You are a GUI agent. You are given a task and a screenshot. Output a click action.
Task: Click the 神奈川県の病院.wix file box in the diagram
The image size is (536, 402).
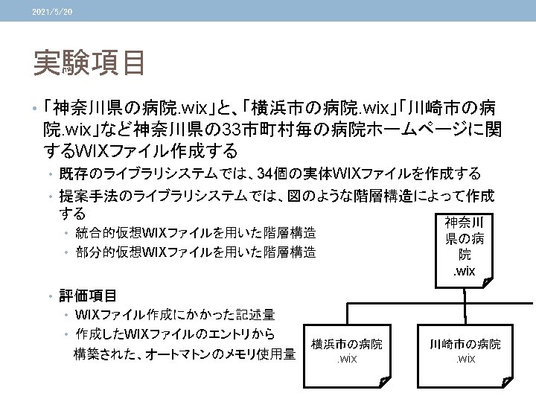(463, 246)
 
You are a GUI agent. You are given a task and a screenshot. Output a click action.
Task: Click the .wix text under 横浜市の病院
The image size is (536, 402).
(347, 360)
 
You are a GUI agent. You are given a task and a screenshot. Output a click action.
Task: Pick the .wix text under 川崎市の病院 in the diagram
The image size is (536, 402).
(465, 360)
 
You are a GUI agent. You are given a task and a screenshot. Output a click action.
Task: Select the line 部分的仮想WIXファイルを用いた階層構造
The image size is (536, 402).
(195, 252)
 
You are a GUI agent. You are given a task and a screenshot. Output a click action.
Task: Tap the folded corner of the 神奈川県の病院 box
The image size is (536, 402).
(487, 281)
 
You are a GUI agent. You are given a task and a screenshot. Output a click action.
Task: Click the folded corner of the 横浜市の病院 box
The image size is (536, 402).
(383, 383)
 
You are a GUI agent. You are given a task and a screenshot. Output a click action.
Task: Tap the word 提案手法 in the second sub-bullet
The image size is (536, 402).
(85, 195)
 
